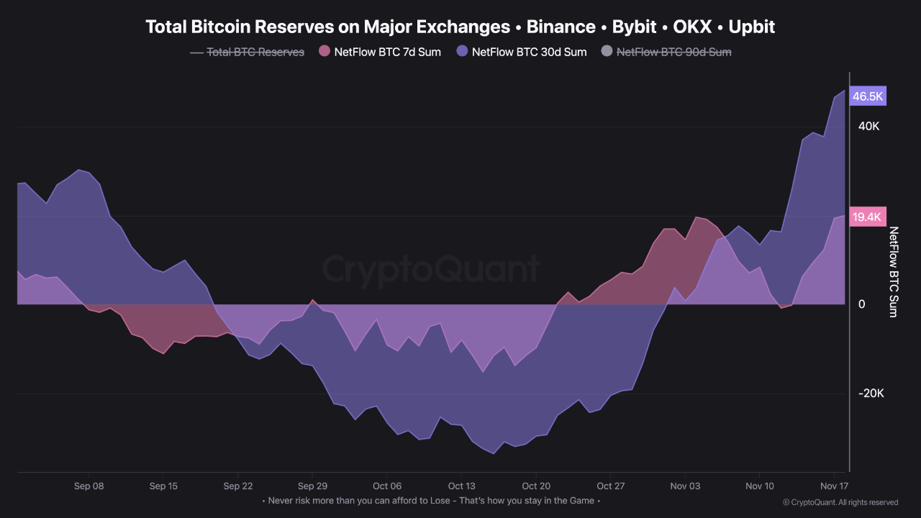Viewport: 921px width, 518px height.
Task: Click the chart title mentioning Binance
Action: (460, 27)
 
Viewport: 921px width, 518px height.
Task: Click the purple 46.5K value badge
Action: (868, 96)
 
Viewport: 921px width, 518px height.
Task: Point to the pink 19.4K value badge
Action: (868, 217)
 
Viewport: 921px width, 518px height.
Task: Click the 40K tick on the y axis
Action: (868, 127)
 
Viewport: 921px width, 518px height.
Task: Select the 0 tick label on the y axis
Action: (861, 304)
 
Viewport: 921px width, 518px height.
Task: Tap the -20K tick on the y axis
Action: (870, 394)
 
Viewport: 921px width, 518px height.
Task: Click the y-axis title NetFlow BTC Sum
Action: (894, 272)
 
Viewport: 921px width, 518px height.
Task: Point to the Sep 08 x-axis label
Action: (89, 486)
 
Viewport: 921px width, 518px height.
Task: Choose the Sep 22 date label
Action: (238, 486)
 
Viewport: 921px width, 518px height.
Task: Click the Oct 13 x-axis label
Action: (462, 486)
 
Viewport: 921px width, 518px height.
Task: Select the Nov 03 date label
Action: (685, 486)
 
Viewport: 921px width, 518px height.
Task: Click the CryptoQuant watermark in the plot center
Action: (430, 270)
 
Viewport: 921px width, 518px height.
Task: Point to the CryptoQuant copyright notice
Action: (840, 502)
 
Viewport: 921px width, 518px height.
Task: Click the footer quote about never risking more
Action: (430, 500)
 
